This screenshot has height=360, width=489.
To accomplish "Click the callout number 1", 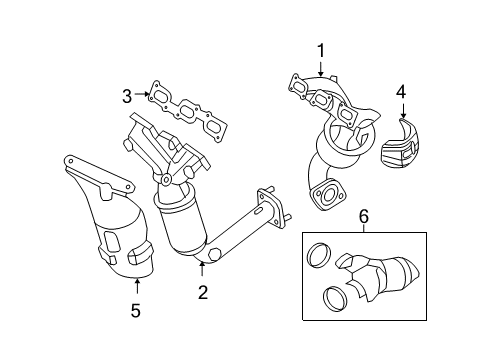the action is pyautogui.click(x=321, y=51).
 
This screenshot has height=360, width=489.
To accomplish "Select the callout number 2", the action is pyautogui.click(x=203, y=292).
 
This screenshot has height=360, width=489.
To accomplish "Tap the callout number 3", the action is pyautogui.click(x=127, y=97).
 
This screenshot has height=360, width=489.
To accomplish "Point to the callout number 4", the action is pyautogui.click(x=401, y=92).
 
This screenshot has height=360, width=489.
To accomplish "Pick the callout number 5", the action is pyautogui.click(x=136, y=311).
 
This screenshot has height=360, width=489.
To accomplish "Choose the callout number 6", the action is pyautogui.click(x=364, y=216).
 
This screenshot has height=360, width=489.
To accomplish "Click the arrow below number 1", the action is pyautogui.click(x=321, y=69).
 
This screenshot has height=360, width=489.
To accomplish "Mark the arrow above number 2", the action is pyautogui.click(x=202, y=269).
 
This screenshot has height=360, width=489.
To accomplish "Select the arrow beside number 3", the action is pyautogui.click(x=142, y=94).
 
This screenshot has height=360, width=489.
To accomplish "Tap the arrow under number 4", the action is pyautogui.click(x=403, y=111).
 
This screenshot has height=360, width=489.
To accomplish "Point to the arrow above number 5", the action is pyautogui.click(x=137, y=287).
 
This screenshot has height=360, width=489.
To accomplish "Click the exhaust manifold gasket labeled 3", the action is pyautogui.click(x=188, y=112).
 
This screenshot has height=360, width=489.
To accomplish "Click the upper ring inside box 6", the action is pyautogui.click(x=319, y=256).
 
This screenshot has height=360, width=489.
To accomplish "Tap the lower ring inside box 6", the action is pyautogui.click(x=335, y=299).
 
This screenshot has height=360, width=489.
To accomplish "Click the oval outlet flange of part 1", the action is pyautogui.click(x=327, y=195).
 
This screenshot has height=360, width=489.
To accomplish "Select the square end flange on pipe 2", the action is pyautogui.click(x=272, y=206).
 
